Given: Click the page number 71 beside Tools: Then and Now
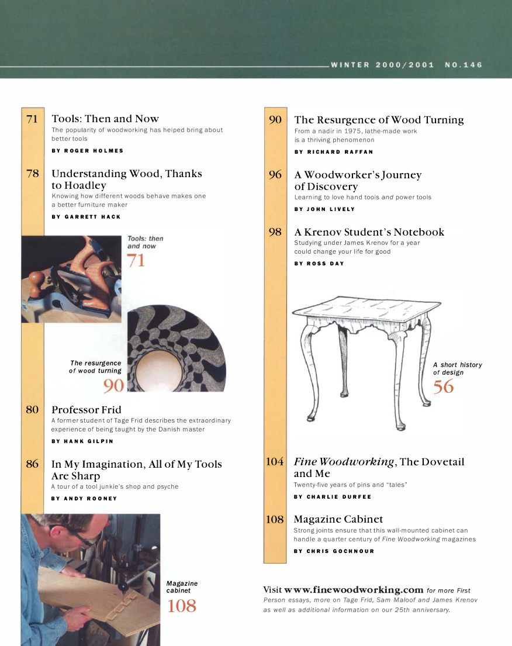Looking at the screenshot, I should (32, 119).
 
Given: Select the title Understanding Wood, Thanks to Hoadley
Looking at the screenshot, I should (126, 179).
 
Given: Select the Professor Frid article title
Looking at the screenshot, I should (87, 409).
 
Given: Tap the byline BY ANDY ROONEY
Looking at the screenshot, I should (84, 499).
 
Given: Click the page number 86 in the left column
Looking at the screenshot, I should (32, 464).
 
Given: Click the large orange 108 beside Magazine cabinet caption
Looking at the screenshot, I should (182, 606).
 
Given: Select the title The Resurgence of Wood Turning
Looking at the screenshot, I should (379, 120).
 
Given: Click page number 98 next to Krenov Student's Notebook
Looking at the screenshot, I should (275, 232).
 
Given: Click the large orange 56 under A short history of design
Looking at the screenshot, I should (443, 386).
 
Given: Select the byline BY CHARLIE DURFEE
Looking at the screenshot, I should (332, 497).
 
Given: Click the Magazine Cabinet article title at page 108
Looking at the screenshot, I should (338, 519).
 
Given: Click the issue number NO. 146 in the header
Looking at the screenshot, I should (463, 65).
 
